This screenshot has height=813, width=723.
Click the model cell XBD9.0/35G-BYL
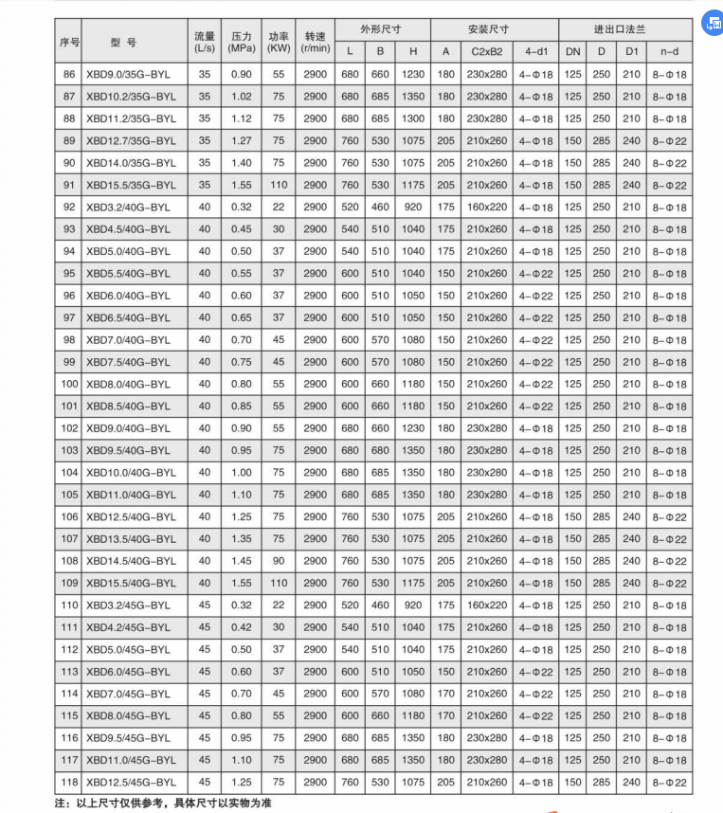point(129,74)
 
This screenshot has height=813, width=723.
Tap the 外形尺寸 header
point(381,29)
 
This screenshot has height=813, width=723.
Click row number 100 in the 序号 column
point(69,384)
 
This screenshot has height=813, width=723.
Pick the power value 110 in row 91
point(279,185)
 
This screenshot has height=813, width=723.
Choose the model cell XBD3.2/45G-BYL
point(129,605)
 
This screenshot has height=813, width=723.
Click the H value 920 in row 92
point(413,207)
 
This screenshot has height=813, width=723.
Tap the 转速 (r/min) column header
point(316,41)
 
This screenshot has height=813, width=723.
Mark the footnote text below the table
point(163,802)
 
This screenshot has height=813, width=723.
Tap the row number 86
point(69,74)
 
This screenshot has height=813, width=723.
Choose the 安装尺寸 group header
point(495,29)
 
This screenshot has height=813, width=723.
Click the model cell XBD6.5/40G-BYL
point(129,317)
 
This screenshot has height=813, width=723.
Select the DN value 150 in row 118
point(573,782)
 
